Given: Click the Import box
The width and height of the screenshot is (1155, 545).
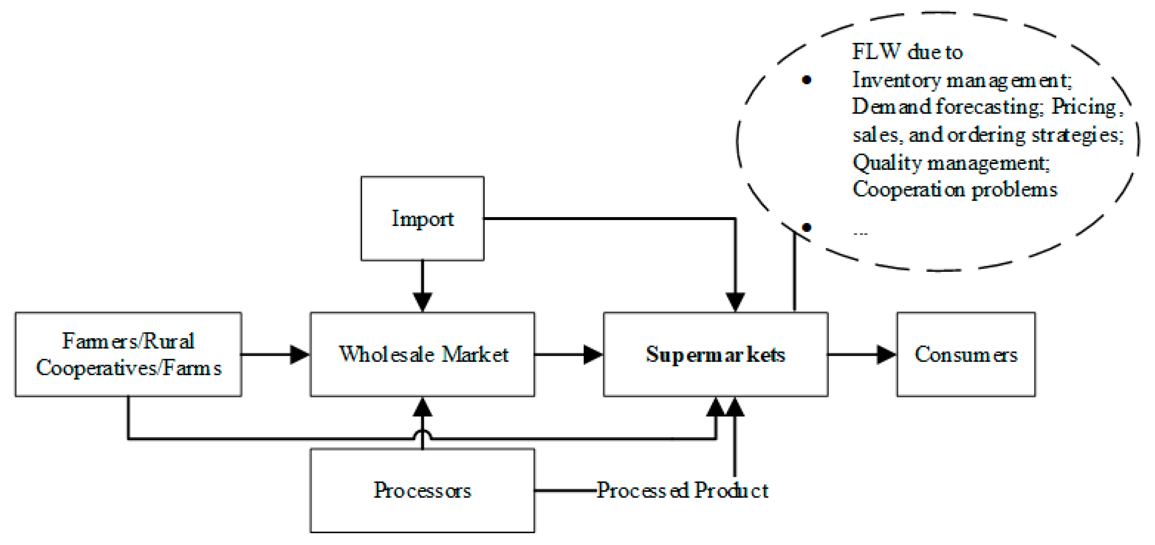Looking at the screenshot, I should tap(422, 218).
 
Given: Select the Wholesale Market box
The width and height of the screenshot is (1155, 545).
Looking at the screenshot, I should tap(422, 354).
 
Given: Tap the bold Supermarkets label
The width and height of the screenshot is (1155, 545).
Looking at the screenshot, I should tap(715, 354).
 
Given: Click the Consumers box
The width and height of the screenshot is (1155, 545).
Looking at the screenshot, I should tap(965, 354).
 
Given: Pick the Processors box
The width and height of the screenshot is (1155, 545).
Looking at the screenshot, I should tap(422, 490).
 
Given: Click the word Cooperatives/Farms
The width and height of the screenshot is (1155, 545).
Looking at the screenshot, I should tap(128, 369).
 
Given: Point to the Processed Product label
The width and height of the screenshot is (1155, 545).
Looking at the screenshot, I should tap(682, 490).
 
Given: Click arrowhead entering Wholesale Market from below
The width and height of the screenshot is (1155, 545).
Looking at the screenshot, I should tap(422, 407).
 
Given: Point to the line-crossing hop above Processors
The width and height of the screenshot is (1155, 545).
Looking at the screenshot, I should tap(422, 434).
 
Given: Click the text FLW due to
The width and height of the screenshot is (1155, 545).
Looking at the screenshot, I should tap(907, 52).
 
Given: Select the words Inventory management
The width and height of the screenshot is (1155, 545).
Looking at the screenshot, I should tap(961, 80).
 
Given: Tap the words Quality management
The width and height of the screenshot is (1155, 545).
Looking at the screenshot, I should tap(951, 162).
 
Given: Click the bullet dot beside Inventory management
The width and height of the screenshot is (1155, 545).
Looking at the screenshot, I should tap(806, 80).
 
